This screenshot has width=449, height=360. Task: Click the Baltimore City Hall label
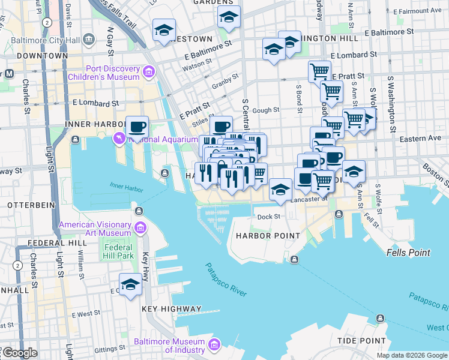pos(50,40)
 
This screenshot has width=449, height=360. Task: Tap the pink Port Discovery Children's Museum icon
pos(148,73)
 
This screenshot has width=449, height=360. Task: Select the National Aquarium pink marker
pos(119,139)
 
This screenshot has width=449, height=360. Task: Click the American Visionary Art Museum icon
pos(140,228)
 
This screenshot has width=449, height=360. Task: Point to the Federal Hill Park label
pos(118,251)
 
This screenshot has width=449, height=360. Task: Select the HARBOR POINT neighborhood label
pos(267,236)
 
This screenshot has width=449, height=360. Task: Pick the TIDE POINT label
pos(360,340)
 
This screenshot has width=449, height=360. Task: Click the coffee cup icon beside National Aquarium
pos(137,127)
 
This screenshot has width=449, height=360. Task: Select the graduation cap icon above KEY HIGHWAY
pos(130,285)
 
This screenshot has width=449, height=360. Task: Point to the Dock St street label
pos(268,217)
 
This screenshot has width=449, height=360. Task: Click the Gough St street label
pos(268,110)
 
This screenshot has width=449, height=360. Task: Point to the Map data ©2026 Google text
pos(411,355)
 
